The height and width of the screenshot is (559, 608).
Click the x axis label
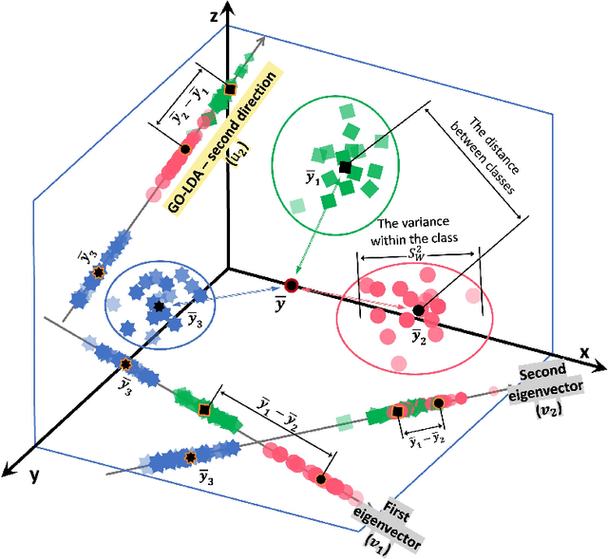pyautogui.click(x=586, y=351)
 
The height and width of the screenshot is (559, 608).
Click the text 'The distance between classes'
pyautogui.click(x=483, y=156)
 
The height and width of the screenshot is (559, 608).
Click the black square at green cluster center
pyautogui.click(x=344, y=167)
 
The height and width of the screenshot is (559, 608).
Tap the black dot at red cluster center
pyautogui.click(x=417, y=310)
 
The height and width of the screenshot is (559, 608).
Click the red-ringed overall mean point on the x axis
pyautogui.click(x=291, y=285)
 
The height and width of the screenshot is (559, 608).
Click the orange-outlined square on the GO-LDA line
pyautogui.click(x=229, y=90)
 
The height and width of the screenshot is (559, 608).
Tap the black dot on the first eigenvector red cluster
pyautogui.click(x=324, y=481)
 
